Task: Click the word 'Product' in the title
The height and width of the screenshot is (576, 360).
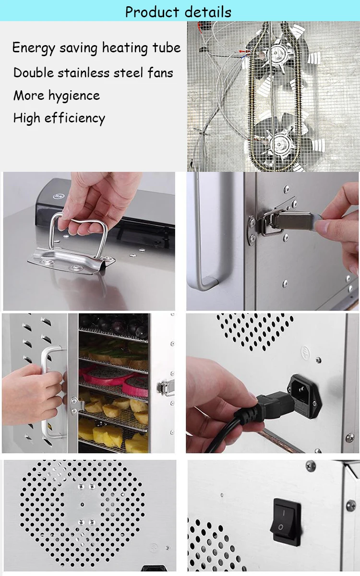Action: coord(152,12)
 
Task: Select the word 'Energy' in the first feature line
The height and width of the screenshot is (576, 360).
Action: coord(31,48)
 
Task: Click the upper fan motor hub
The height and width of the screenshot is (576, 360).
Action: coord(278,50)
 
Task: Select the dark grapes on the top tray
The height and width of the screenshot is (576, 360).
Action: coord(115,324)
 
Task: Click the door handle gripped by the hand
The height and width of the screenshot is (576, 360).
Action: coord(48,389)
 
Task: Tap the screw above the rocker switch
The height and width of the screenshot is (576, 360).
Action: coord(311,465)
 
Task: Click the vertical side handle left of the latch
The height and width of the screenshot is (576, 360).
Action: coord(199,240)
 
